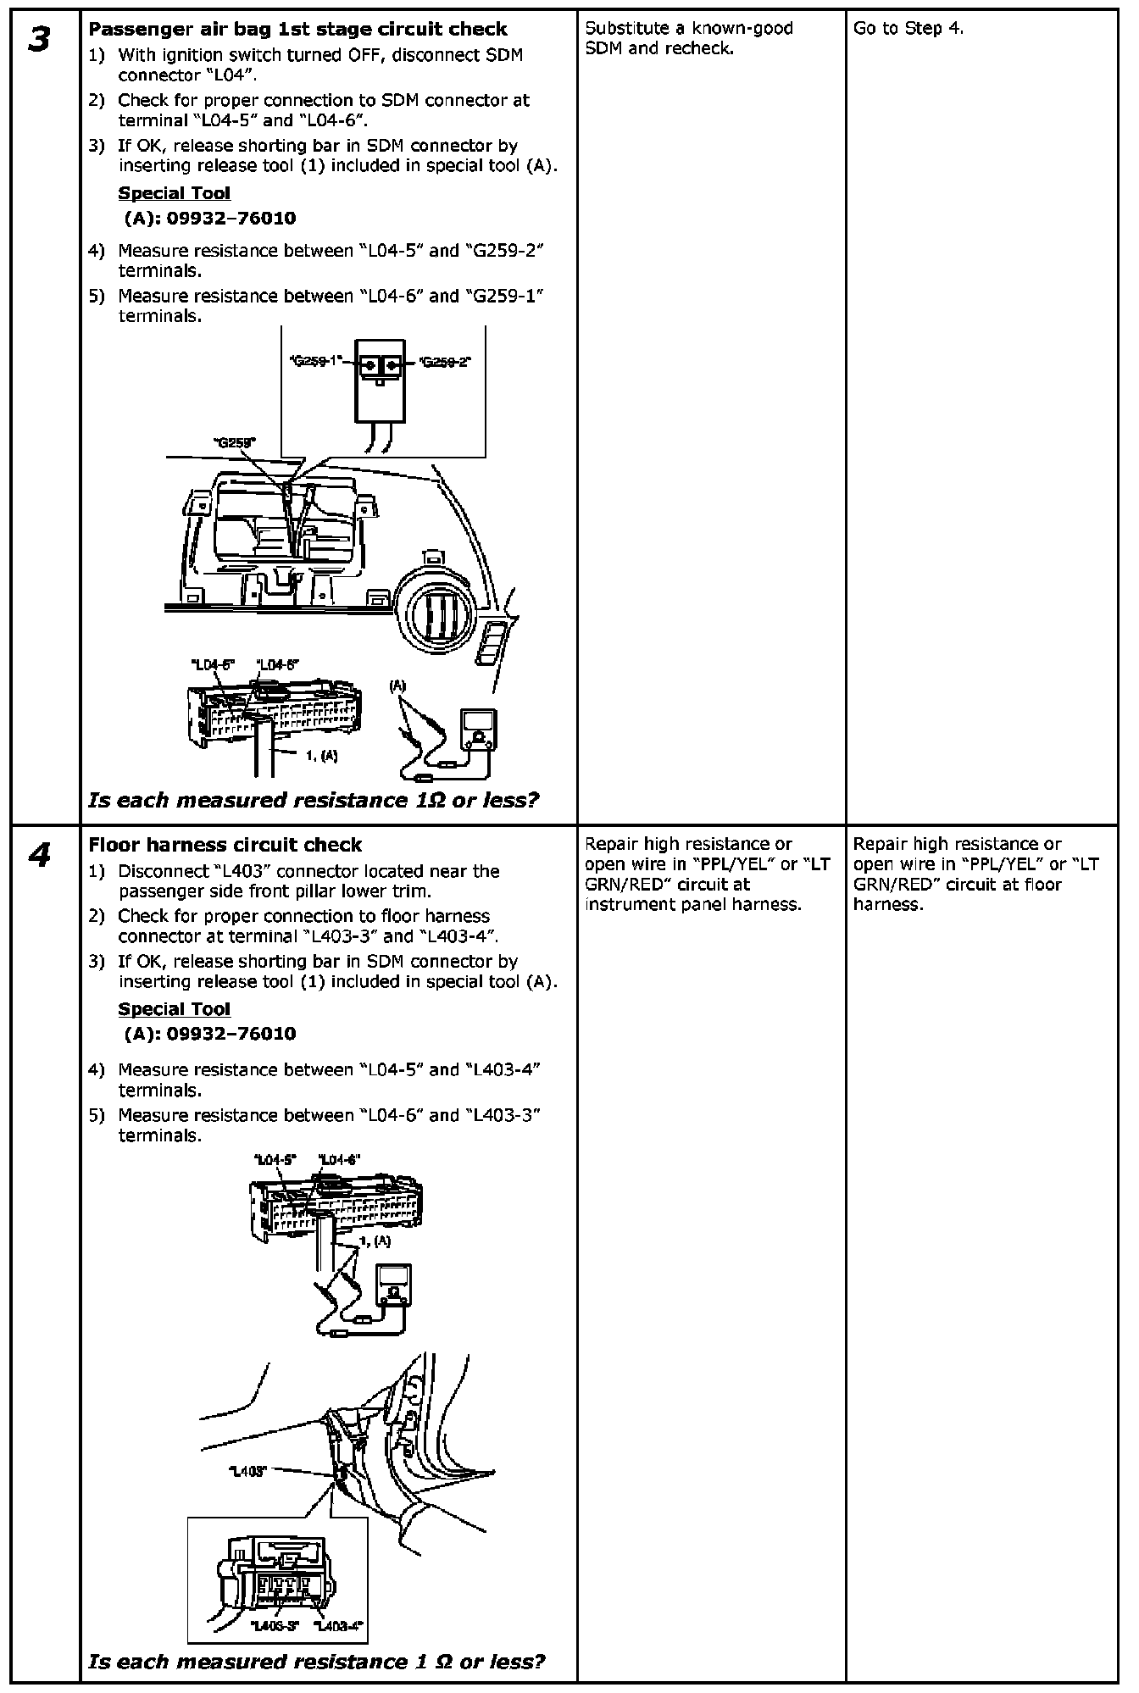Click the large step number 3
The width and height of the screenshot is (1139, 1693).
[x=39, y=40]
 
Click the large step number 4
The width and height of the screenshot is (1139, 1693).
[x=39, y=856]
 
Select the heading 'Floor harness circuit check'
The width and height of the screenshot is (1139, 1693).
[x=225, y=845]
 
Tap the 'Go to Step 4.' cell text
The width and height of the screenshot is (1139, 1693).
[x=908, y=29]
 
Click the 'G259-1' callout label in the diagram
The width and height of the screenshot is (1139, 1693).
[x=315, y=361]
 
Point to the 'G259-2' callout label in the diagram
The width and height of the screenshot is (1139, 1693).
[x=446, y=362]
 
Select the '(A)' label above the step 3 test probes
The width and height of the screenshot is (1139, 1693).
[x=397, y=686]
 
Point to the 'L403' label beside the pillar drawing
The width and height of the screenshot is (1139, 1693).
[x=247, y=1471]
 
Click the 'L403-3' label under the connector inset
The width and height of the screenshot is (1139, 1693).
[x=275, y=1625]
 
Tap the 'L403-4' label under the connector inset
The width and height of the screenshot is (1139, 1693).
[x=338, y=1625]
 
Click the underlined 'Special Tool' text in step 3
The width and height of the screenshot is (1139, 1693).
[x=174, y=193]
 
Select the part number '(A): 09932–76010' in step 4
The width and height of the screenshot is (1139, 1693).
[x=209, y=1033]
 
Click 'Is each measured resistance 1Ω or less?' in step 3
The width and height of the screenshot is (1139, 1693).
[x=314, y=800]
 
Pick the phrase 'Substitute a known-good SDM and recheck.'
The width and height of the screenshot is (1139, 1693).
[x=688, y=38]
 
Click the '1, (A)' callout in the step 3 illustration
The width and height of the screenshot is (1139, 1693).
[x=321, y=756]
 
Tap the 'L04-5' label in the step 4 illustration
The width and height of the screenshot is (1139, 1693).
[x=274, y=1160]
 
